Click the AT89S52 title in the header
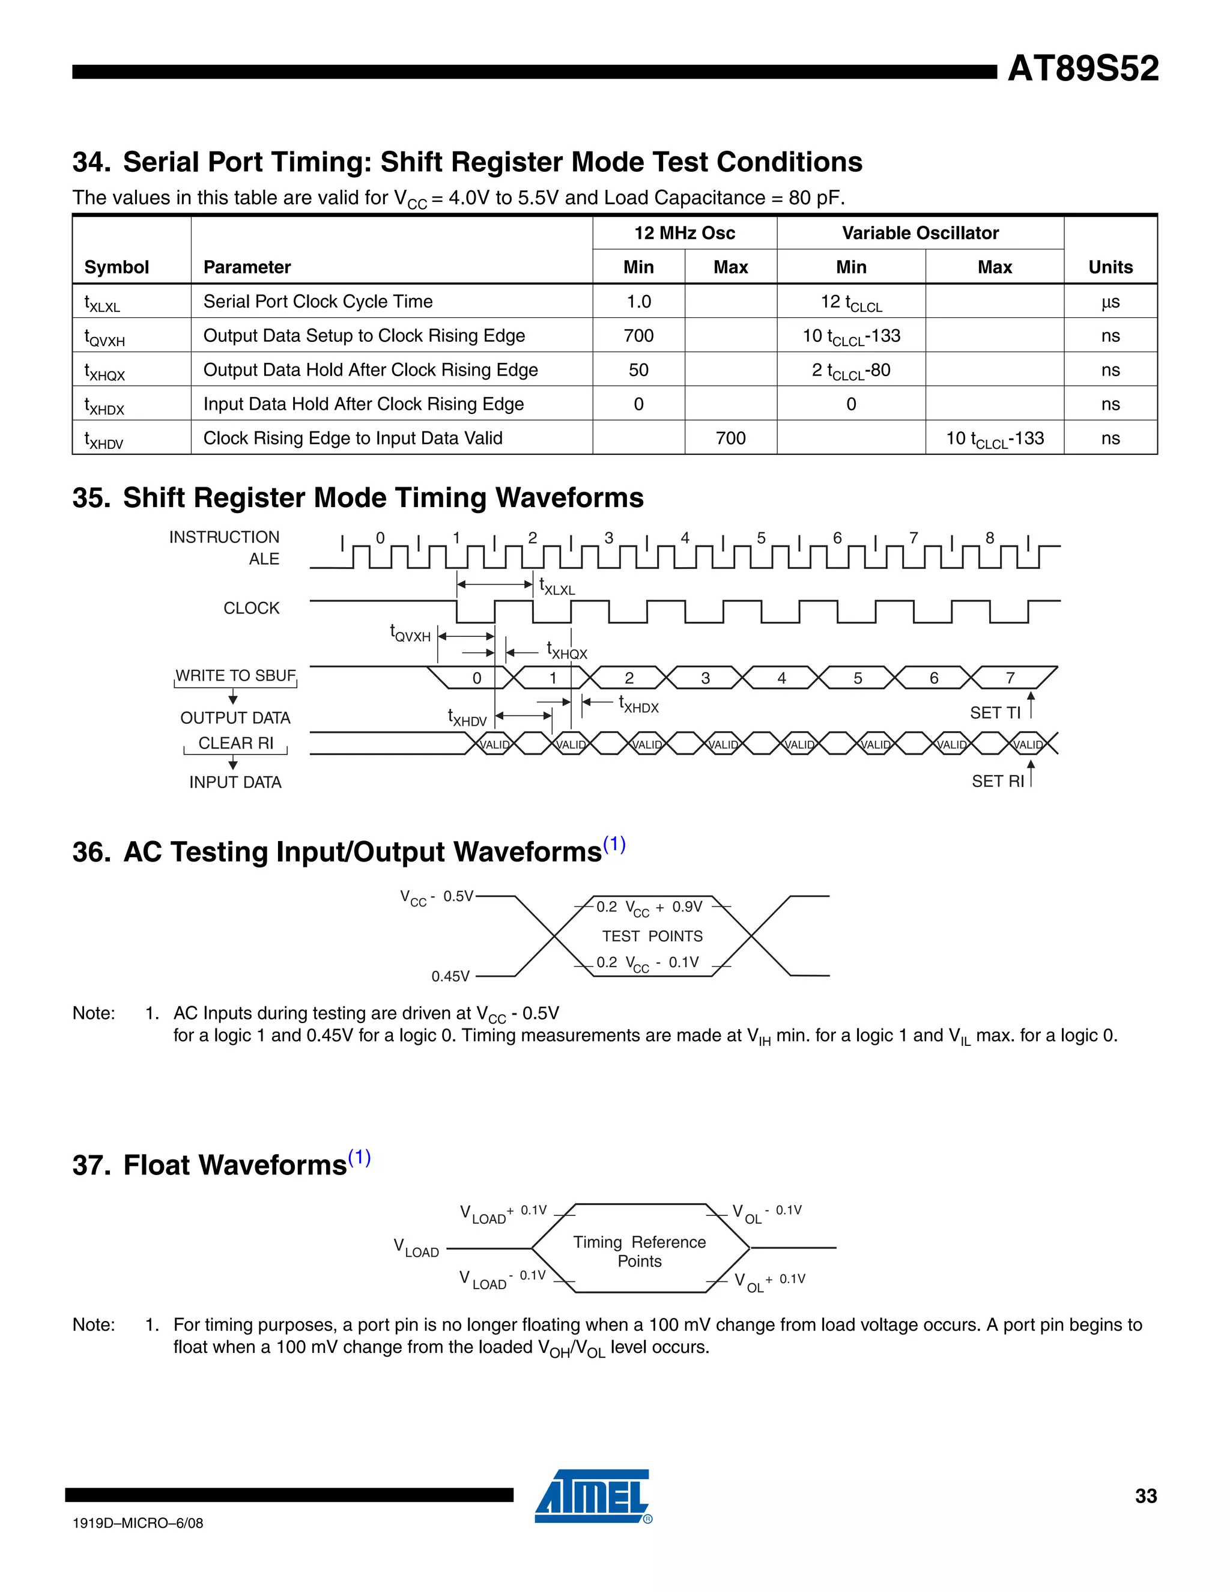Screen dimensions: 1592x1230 pos(1082,68)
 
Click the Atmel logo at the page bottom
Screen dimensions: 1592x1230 pos(592,1495)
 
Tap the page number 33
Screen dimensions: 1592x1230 pos(1145,1496)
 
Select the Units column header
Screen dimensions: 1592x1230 pos(1110,267)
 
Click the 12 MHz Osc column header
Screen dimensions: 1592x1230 pos(684,232)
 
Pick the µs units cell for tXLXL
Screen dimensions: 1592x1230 pos(1110,302)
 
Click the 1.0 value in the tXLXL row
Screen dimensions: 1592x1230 pos(638,302)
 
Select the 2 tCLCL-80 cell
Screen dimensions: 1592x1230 pos(850,370)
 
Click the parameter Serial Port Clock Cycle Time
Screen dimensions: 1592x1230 pos(318,302)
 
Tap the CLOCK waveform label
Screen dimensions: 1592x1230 pos(252,608)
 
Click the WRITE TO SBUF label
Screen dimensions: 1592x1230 pos(235,676)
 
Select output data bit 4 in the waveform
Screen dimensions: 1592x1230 pos(781,678)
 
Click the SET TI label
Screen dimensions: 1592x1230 pos(995,713)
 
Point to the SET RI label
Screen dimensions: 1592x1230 pos(997,782)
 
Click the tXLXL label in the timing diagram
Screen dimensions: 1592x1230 pos(557,587)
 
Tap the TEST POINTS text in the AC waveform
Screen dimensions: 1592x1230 pos(652,936)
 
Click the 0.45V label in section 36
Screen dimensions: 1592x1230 pos(450,976)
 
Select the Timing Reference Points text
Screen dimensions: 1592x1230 pos(639,1251)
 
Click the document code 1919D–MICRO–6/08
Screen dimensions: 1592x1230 pos(138,1523)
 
